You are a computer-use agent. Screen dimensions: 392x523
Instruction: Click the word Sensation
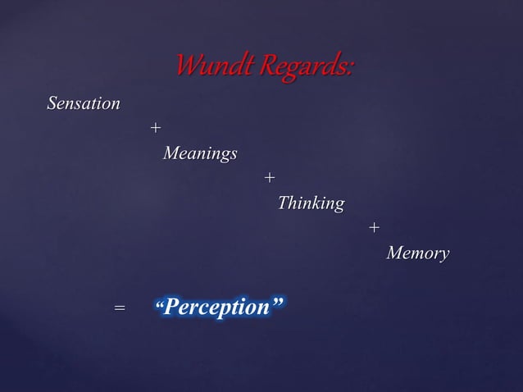pos(84,104)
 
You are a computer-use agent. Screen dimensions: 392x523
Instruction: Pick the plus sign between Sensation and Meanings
pos(155,129)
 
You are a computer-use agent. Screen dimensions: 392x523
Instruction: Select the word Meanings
pos(200,153)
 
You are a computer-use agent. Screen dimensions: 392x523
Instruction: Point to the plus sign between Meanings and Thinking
pos(270,178)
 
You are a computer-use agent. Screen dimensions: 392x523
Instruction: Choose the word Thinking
pos(311,203)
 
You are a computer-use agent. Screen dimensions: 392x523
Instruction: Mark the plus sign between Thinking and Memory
pos(374,227)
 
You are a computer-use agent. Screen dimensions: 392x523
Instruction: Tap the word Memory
pos(417,253)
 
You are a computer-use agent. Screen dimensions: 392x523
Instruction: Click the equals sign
pos(120,308)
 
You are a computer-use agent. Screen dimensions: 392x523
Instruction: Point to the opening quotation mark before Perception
pos(161,305)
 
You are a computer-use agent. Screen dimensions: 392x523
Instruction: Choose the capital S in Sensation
pos(52,104)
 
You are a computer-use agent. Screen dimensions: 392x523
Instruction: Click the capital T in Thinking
pos(284,203)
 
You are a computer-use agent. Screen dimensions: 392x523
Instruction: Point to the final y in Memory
pos(443,255)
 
